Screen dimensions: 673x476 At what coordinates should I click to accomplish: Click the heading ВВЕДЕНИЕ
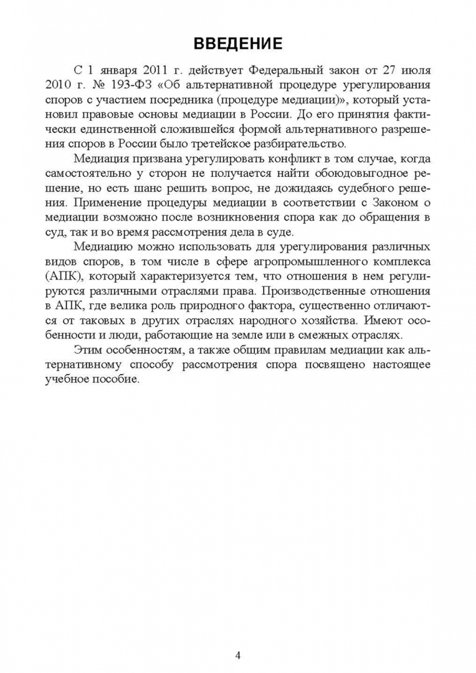[238, 43]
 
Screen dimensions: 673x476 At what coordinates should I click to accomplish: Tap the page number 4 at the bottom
[238, 637]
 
